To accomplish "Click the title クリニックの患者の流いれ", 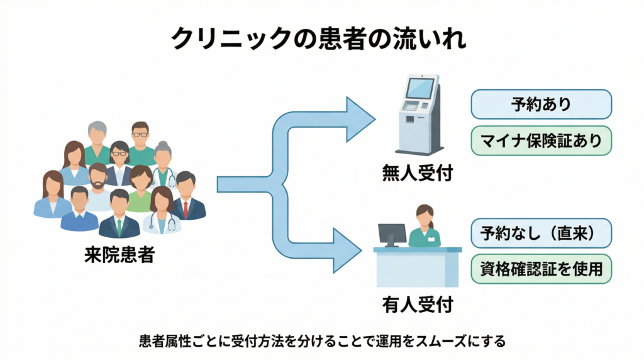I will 321,38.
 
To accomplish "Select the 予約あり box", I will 541,104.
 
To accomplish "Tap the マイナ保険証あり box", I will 541,140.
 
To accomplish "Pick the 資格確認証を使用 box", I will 541,269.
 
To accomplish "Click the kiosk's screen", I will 419,88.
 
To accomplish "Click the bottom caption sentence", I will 321,342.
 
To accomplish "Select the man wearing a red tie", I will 186,198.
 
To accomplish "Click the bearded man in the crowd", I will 98,186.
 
